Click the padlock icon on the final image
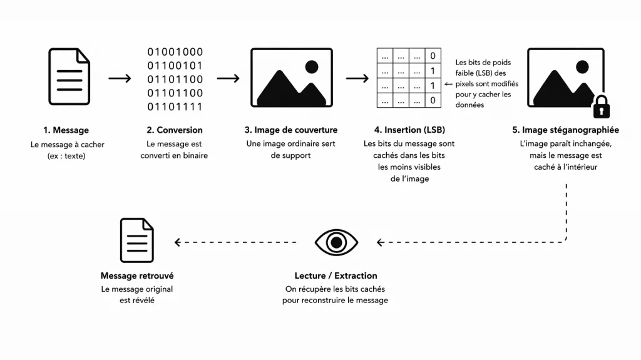(602, 108)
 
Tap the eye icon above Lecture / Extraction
(336, 242)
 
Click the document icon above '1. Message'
(69, 78)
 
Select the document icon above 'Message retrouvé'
(137, 240)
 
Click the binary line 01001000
(175, 52)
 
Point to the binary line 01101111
(175, 107)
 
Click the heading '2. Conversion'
(175, 130)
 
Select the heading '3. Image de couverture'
(291, 130)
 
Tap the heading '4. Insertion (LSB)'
(409, 130)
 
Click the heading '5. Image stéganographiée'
(565, 130)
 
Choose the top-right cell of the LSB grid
(433, 56)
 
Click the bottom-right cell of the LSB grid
(433, 100)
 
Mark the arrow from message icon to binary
(120, 78)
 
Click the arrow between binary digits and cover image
(228, 78)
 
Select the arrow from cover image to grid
(357, 78)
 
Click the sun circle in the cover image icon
(311, 66)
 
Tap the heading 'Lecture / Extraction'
(336, 275)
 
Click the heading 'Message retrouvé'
(137, 275)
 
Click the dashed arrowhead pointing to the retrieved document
(178, 242)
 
